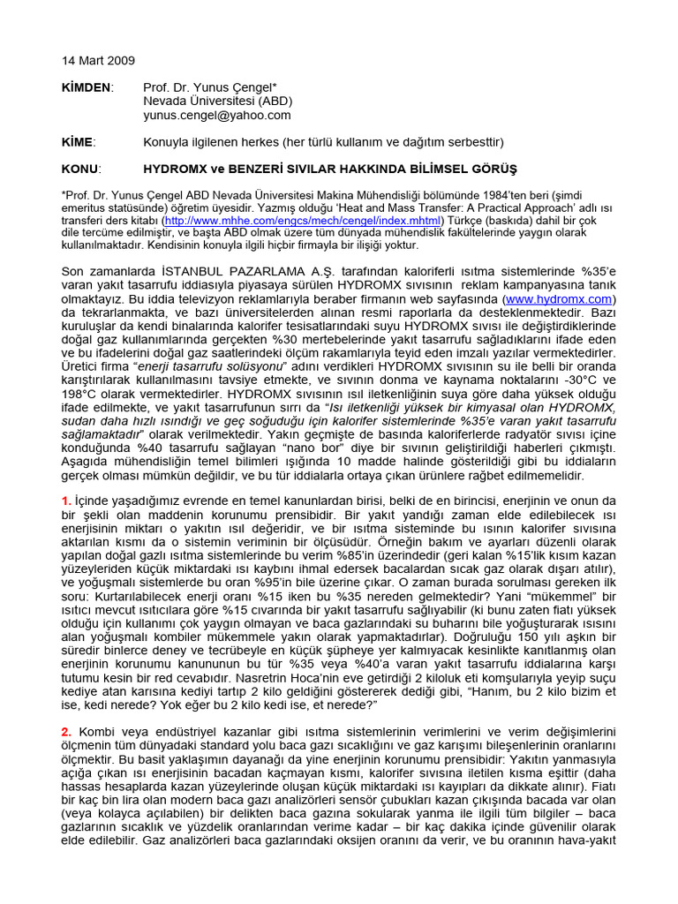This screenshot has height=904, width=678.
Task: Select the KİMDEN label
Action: pos(87,87)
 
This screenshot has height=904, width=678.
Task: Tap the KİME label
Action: pos(78,141)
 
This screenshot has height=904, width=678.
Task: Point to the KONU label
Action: pos(81,169)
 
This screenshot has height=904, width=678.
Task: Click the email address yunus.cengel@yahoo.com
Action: pos(216,115)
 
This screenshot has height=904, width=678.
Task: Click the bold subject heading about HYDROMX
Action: pos(330,169)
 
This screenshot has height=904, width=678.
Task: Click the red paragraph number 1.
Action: pos(66,501)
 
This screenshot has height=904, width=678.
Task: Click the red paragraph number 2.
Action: pos(66,732)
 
